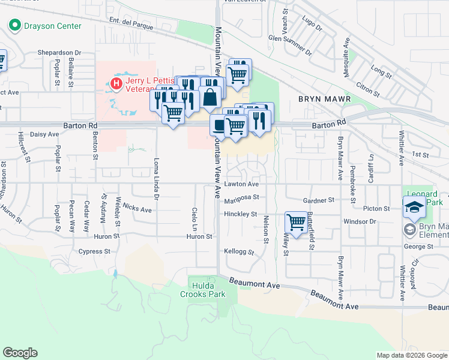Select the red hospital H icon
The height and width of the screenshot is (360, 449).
[116, 83]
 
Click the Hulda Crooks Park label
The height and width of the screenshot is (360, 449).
[203, 290]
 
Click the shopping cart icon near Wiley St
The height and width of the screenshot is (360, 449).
[296, 221]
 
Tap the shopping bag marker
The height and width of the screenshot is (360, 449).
[210, 96]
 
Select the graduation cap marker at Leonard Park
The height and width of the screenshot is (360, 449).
[414, 207]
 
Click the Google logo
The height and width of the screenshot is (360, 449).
[20, 353]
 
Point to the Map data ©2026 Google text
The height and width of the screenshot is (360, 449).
[411, 355]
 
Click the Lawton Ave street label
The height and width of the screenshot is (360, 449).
[242, 184]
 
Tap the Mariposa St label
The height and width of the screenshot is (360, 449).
[241, 197]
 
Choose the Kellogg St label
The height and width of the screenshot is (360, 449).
[236, 251]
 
